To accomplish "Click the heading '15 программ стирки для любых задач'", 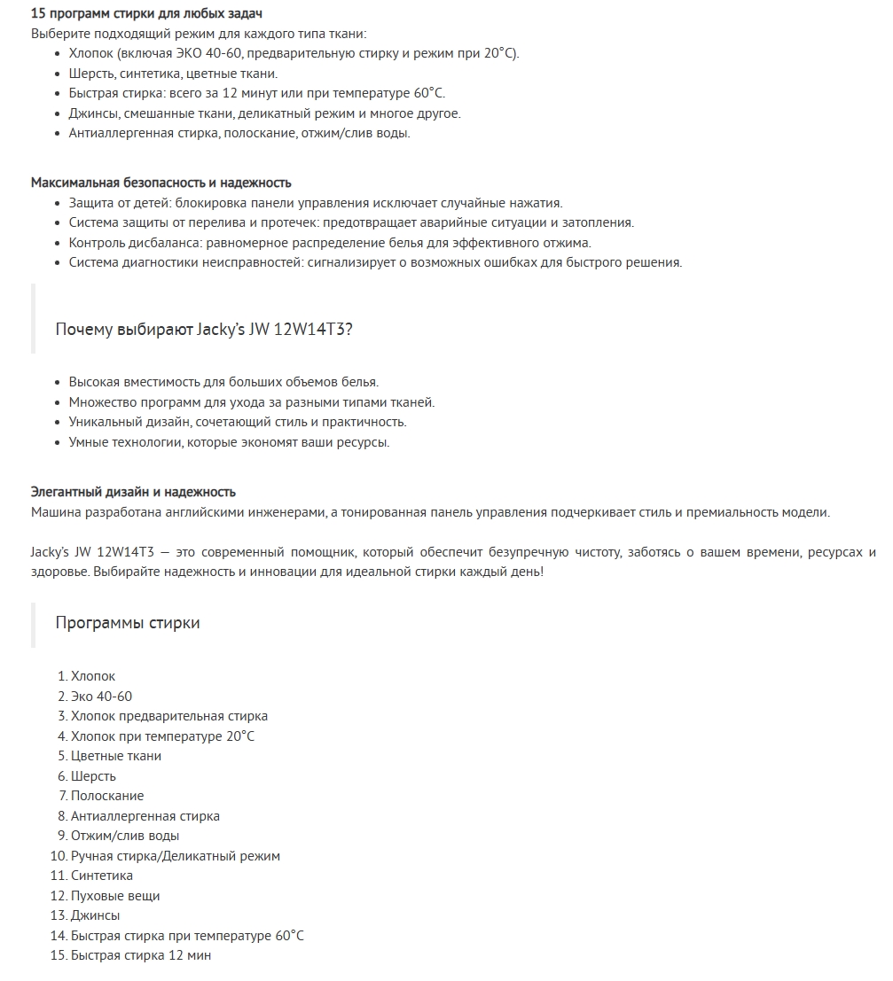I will pos(146,14).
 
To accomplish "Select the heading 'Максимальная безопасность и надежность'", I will pos(161,183).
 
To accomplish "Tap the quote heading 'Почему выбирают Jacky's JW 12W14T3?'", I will pos(204,330).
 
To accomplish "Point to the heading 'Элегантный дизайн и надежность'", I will pos(133,492).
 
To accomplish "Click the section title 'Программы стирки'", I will pos(128,623).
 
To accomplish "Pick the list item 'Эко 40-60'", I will pos(101,697).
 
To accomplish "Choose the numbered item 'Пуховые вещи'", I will pos(115,896).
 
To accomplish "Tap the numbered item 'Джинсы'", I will pos(95,915).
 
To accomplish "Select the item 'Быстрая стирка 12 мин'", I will pos(141,955).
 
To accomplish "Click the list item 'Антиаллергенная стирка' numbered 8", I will pos(145,816).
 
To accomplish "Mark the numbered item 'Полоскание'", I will pos(107,796).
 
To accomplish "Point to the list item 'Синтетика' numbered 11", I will pos(102,876).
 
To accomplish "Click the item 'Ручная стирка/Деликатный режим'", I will pos(176,856).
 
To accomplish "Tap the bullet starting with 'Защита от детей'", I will pos(316,203).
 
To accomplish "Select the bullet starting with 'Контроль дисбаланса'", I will pos(330,243).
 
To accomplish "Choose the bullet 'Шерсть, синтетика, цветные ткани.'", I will pos(173,74).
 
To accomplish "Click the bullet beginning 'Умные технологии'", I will pos(229,442).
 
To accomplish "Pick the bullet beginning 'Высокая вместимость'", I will pos(223,382).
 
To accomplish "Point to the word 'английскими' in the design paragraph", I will pos(221,512).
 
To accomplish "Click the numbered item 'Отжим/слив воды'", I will pos(125,836).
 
